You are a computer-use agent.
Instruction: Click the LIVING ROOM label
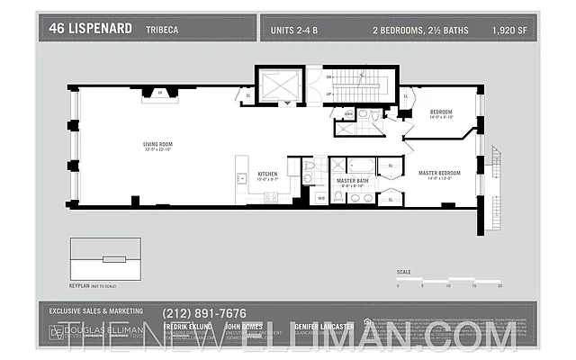(x=157, y=145)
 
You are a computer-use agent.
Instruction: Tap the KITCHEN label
(x=268, y=174)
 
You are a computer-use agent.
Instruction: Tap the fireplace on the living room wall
(x=161, y=93)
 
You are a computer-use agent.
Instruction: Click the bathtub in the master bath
(x=361, y=166)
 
